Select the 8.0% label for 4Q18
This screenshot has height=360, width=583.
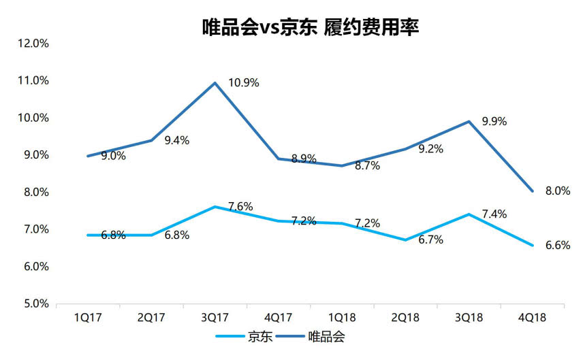(557, 191)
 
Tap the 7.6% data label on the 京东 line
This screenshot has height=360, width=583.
(240, 206)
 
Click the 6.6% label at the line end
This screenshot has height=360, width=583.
(557, 245)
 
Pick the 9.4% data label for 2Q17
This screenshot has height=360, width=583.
(176, 140)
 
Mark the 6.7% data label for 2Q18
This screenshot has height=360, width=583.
(430, 241)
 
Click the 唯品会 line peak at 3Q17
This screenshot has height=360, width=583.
(215, 83)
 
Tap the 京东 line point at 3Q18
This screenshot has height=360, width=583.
(469, 214)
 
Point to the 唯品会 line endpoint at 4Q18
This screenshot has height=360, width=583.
(532, 191)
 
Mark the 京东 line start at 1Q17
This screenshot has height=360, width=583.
(88, 235)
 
